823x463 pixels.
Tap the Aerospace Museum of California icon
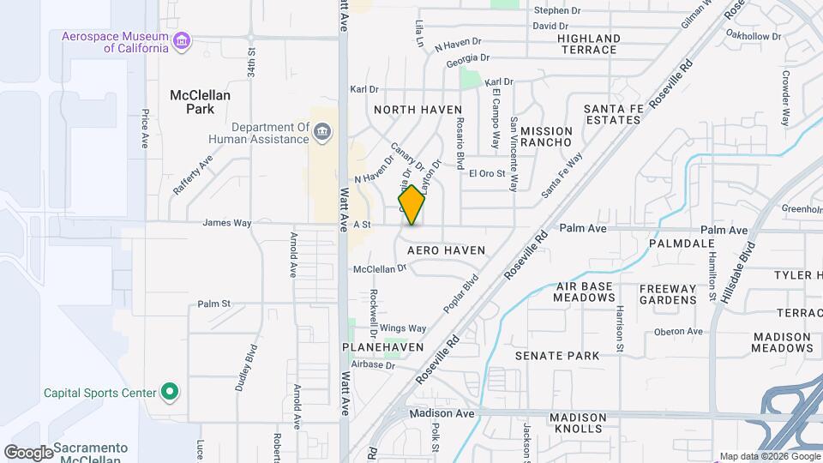click(x=181, y=41)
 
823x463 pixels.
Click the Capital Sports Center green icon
click(x=170, y=393)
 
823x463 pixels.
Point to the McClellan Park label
click(x=200, y=102)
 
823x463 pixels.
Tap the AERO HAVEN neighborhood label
click(x=446, y=250)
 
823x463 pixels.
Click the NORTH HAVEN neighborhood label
click(x=406, y=110)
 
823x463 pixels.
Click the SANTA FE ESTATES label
click(x=612, y=114)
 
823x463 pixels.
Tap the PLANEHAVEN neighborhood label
click(x=382, y=346)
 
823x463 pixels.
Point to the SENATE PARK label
click(x=556, y=355)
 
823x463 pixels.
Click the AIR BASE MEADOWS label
click(x=586, y=292)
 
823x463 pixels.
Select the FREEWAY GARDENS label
click(x=668, y=293)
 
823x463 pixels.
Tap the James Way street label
click(x=226, y=223)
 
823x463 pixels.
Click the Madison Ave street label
click(x=442, y=413)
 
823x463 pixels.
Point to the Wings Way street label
click(x=403, y=328)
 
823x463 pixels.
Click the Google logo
click(x=28, y=452)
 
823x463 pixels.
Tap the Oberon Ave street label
click(x=678, y=332)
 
